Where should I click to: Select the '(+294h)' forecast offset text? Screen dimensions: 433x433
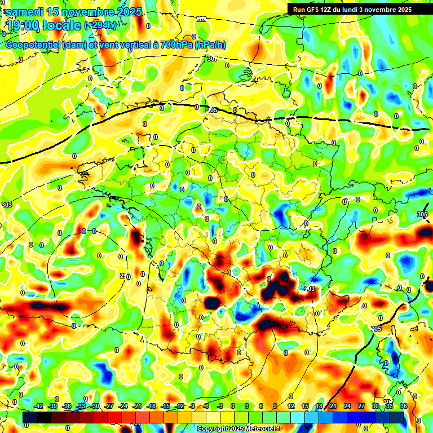tap(100, 25)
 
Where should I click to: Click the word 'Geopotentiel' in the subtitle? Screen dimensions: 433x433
tap(33, 45)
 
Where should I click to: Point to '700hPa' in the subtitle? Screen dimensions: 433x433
tap(175, 45)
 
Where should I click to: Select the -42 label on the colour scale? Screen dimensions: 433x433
tap(39, 406)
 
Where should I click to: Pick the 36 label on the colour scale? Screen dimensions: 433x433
tap(404, 406)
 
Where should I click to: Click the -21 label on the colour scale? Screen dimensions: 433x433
tap(137, 406)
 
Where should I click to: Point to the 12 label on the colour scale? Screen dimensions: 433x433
tap(291, 406)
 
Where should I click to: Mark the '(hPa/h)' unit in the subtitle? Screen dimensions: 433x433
tap(210, 45)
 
